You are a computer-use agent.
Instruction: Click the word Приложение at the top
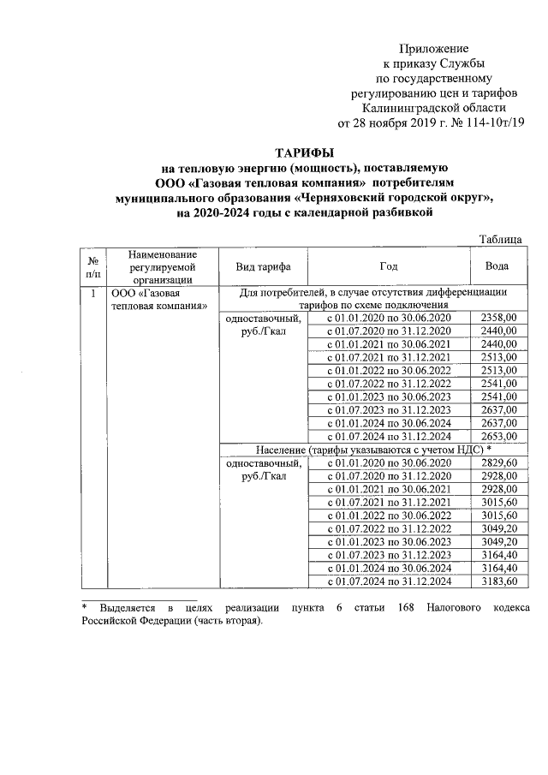click(439, 50)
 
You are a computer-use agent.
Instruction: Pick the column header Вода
click(498, 266)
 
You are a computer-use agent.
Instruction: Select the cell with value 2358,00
click(499, 318)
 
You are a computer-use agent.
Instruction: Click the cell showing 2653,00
click(499, 436)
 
